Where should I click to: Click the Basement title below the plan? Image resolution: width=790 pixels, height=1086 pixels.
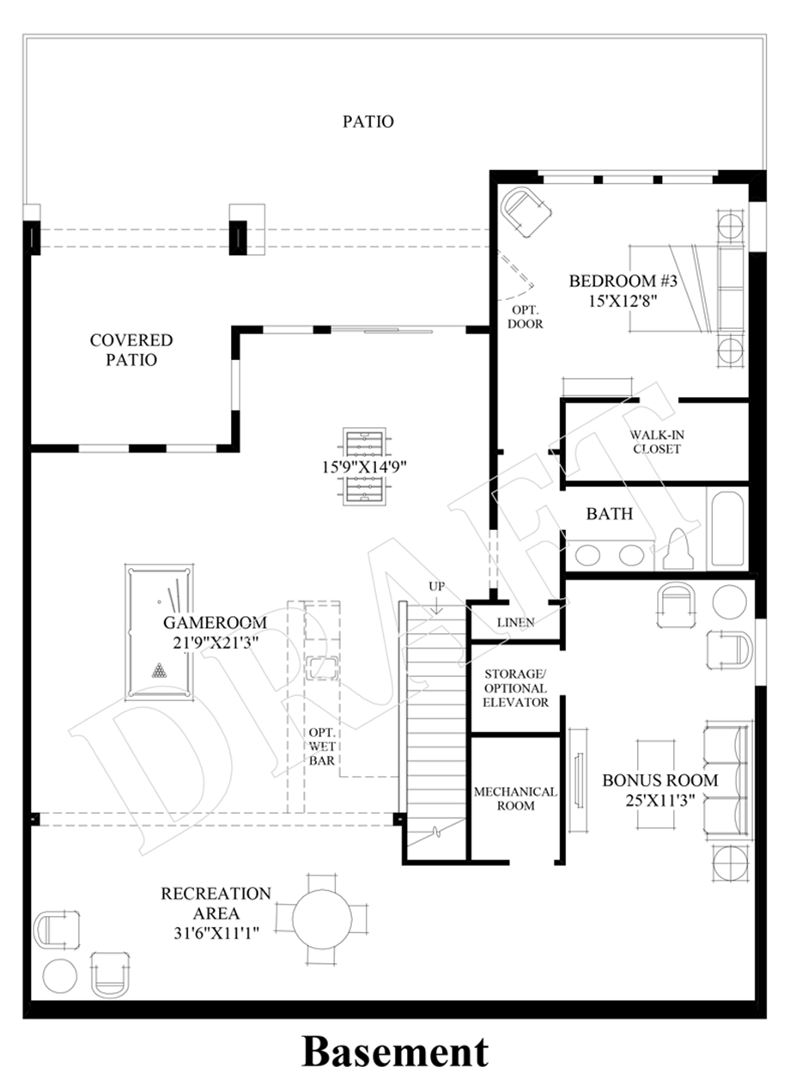(x=395, y=1052)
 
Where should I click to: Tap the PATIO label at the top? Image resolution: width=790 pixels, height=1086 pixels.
(x=368, y=121)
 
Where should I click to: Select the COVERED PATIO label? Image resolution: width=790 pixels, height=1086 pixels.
(x=131, y=351)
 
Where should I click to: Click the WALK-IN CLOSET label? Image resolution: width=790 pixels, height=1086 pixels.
(x=656, y=442)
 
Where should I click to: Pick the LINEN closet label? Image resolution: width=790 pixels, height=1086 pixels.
(x=515, y=622)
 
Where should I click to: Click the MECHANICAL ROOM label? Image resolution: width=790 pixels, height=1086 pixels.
(x=515, y=798)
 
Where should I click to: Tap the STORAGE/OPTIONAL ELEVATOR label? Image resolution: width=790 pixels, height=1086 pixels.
(x=515, y=688)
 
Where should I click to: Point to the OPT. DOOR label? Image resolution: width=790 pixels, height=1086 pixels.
(x=525, y=317)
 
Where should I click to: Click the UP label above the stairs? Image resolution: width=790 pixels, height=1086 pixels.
(x=436, y=586)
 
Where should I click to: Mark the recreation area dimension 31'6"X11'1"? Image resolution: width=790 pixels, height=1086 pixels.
(x=216, y=932)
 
